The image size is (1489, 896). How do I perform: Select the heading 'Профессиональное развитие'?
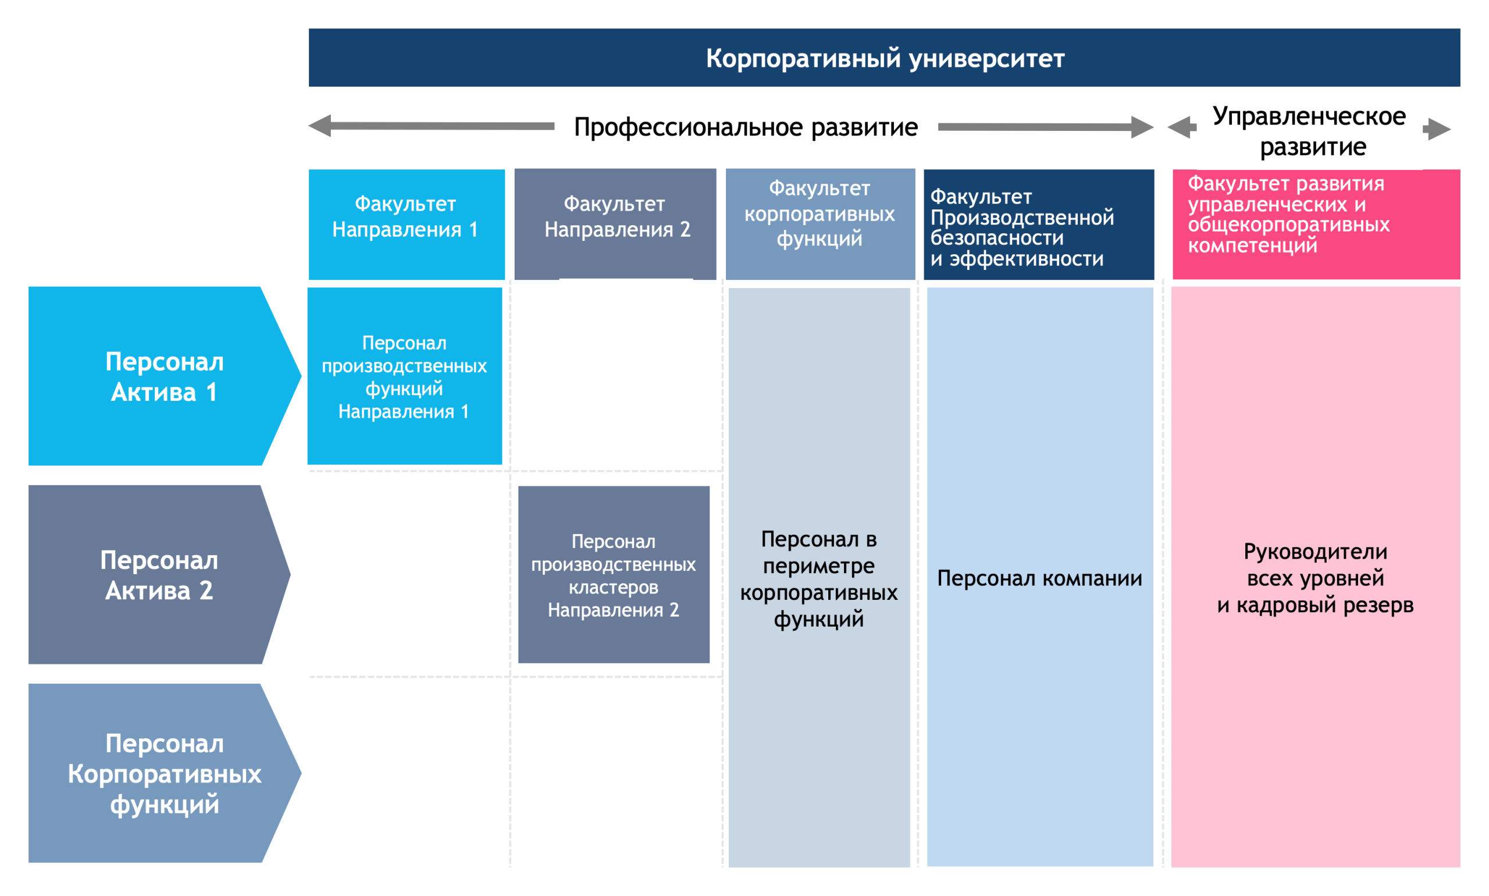point(746,127)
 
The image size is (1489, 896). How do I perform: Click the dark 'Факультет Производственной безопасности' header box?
point(1038,225)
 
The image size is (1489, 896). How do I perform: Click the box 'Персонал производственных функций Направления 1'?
point(404,376)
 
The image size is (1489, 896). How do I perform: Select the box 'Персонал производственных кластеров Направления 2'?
point(613,574)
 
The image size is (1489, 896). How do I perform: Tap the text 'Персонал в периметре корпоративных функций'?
point(818,578)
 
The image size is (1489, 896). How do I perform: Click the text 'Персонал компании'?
point(1039,578)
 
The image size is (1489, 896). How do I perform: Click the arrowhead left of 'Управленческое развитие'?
point(1181,127)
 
